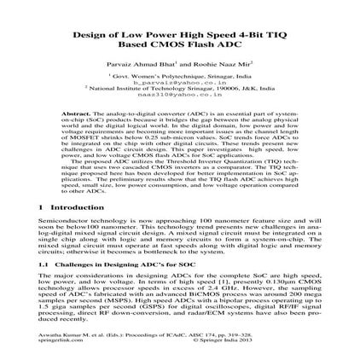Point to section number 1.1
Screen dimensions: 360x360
(x=58, y=265)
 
